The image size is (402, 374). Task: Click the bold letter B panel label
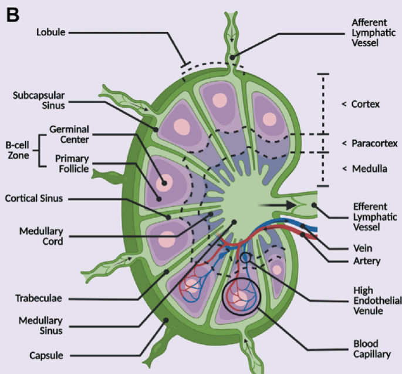(12, 15)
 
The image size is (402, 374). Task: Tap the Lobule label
(50, 32)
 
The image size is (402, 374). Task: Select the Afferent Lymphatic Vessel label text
(374, 32)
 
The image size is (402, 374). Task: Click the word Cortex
(366, 104)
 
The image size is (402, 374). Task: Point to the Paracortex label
(374, 143)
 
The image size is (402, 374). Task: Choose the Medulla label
(370, 169)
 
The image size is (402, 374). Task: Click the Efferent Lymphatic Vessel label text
(375, 217)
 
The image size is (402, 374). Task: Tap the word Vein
(363, 248)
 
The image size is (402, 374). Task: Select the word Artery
(367, 261)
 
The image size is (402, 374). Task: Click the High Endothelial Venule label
(377, 300)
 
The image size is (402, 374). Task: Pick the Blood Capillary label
(372, 349)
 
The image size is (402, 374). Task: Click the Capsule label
(46, 356)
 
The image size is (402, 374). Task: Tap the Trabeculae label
(39, 299)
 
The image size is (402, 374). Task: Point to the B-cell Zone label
(18, 151)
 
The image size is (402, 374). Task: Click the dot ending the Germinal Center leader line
(164, 183)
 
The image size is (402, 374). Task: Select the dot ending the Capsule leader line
(166, 320)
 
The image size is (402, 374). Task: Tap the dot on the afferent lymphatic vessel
(232, 58)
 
